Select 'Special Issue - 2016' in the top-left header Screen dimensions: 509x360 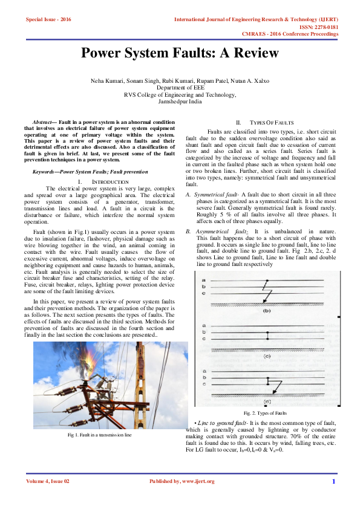pyautogui.click(x=48, y=20)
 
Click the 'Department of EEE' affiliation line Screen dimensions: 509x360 pyautogui.click(x=180, y=88)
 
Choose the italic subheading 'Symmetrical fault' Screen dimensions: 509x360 pyautogui.click(x=215, y=194)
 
